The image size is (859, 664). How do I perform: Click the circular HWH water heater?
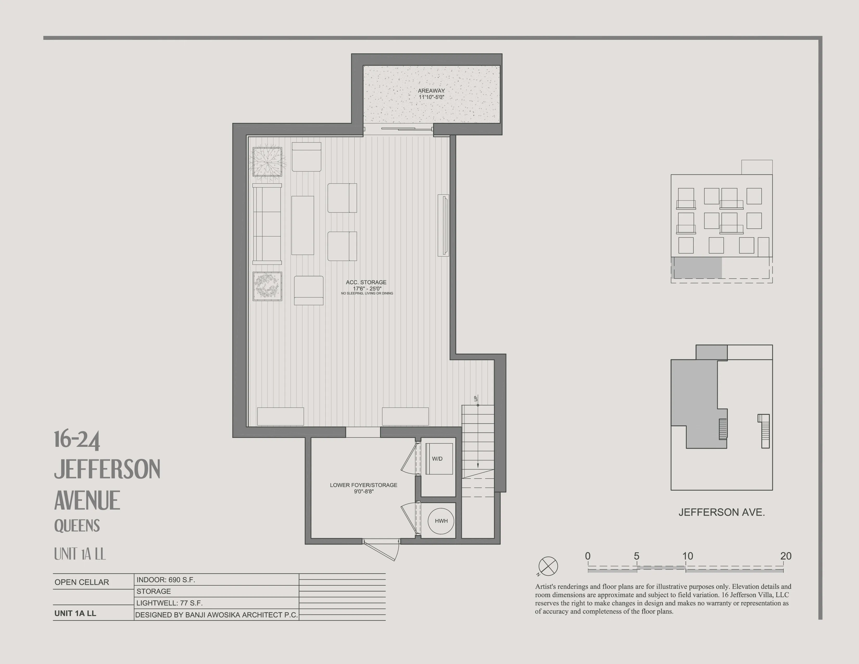point(441,521)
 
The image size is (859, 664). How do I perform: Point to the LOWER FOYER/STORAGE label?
point(363,485)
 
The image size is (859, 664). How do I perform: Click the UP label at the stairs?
point(476,398)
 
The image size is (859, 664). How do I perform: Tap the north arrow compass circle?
point(548,566)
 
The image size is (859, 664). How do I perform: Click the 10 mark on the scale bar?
point(687,556)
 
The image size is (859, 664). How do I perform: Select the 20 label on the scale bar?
point(785,556)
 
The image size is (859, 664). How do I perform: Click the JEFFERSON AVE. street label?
point(721,512)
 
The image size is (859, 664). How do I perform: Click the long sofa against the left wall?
point(267,224)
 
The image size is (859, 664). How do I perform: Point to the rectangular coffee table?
point(302,225)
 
